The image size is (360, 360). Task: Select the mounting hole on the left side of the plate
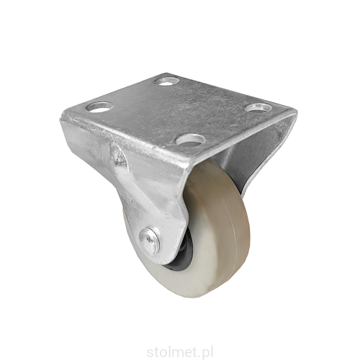pyautogui.click(x=99, y=107)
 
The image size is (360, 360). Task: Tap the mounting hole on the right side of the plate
pyautogui.click(x=256, y=108)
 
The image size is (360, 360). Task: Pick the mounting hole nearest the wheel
pyautogui.click(x=192, y=139)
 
